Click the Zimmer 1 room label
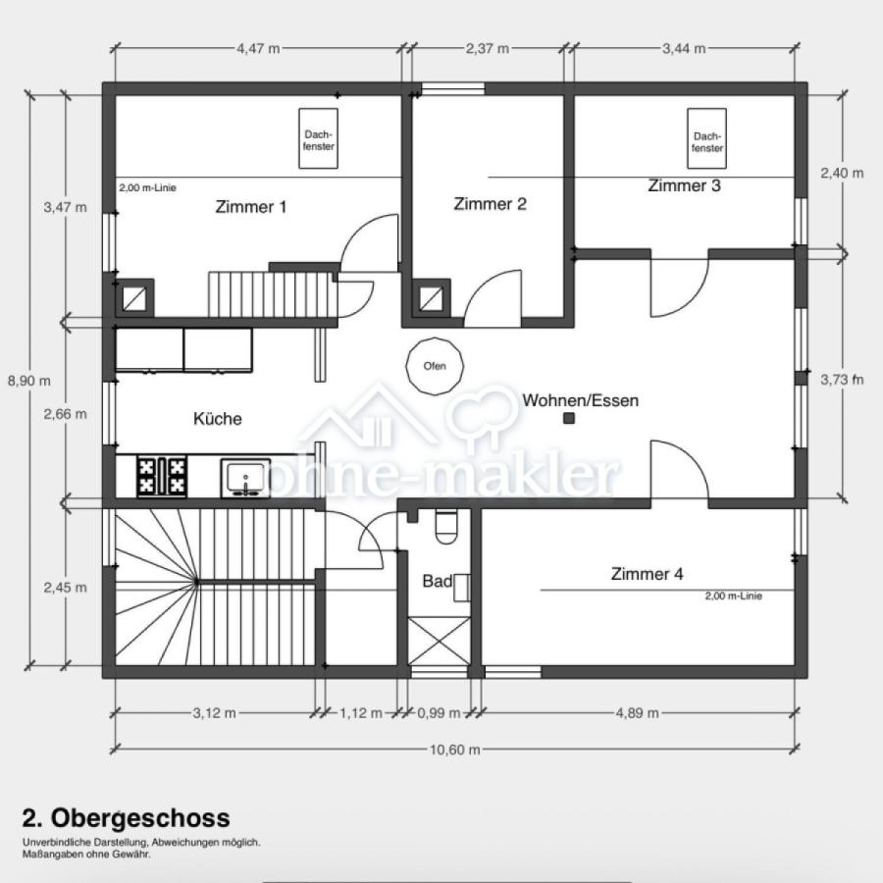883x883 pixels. (250, 207)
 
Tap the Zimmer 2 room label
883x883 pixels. (490, 203)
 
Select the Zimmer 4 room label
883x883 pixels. (648, 574)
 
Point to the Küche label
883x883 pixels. (218, 418)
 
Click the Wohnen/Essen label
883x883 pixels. (581, 400)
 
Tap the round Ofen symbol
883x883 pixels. (435, 366)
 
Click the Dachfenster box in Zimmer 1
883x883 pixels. (318, 138)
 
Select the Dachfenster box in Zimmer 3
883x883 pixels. (706, 138)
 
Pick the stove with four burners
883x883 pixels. (162, 477)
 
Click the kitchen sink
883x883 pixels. (245, 478)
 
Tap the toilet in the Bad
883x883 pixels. (446, 526)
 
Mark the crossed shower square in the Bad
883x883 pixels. (439, 641)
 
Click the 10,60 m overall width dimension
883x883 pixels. (455, 750)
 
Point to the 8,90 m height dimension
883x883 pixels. (29, 381)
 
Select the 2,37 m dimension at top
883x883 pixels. (487, 48)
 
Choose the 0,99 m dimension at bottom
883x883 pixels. (439, 713)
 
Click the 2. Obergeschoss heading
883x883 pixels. (127, 817)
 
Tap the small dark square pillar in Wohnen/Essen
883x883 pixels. (569, 418)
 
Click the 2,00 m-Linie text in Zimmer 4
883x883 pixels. (734, 596)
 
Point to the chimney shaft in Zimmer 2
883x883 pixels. (432, 297)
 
